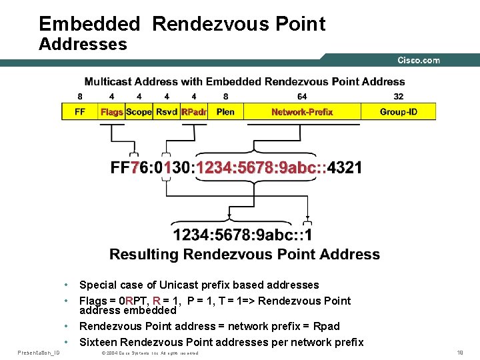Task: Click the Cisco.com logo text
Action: (419, 60)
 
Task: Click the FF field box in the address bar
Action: (79, 111)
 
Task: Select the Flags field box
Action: (111, 111)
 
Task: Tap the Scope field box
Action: (139, 111)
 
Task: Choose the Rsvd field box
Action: (166, 111)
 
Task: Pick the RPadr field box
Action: (194, 111)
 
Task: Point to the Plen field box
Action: (225, 111)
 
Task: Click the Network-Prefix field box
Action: (302, 111)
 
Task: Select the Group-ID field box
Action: (399, 111)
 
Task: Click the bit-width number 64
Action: (302, 96)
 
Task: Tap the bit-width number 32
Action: (399, 96)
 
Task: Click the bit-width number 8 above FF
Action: (80, 96)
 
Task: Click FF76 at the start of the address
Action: (130, 167)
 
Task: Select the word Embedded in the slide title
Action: (89, 24)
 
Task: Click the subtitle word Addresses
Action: (83, 45)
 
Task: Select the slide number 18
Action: (459, 351)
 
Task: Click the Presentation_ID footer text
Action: (39, 351)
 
